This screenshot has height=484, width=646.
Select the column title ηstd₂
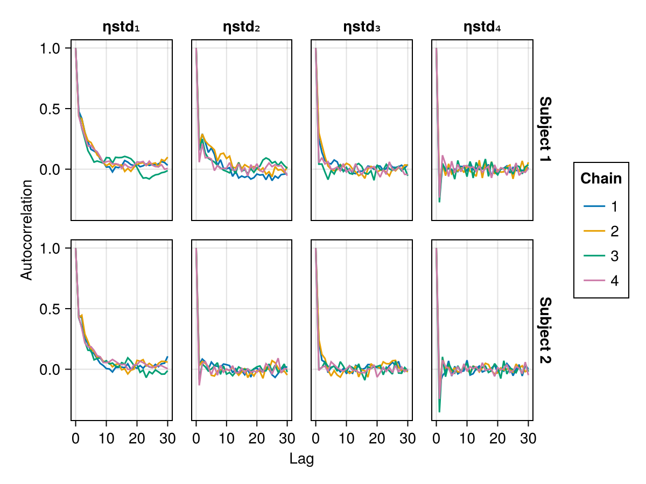[x=242, y=27]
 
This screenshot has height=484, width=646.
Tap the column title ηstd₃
[x=362, y=27]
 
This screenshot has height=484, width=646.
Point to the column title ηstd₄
[x=482, y=27]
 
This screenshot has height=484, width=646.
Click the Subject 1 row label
[x=545, y=130]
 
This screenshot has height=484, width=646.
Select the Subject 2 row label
[x=545, y=330]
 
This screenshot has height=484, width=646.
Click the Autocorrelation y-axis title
[x=26, y=230]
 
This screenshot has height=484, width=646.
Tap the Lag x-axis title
[x=301, y=459]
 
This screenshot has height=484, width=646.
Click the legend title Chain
[x=601, y=179]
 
